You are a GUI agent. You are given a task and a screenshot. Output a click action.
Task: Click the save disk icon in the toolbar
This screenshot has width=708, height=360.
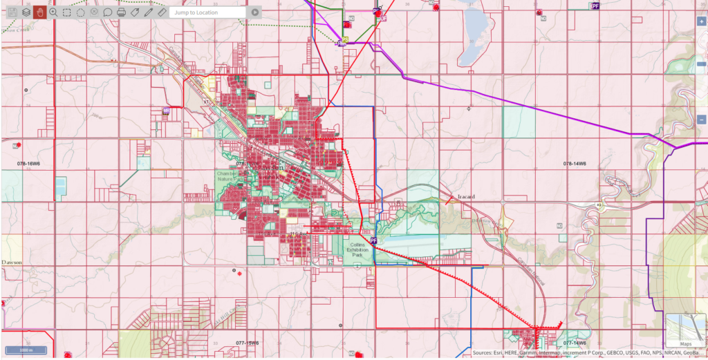(x=12, y=12)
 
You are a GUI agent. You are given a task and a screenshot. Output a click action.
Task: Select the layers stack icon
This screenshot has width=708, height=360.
(x=26, y=12)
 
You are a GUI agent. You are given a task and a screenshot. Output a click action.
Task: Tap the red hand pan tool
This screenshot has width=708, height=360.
(x=39, y=12)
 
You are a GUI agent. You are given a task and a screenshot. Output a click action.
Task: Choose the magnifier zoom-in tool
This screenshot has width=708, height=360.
(x=53, y=12)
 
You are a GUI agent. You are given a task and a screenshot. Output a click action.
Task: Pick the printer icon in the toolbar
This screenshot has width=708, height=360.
(x=121, y=12)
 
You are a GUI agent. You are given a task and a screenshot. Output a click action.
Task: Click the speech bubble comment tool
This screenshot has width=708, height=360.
(x=107, y=12)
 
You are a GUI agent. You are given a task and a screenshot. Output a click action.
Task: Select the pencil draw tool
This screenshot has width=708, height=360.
(x=148, y=12)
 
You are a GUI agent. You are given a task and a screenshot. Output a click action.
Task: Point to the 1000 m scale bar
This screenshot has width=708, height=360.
(x=26, y=350)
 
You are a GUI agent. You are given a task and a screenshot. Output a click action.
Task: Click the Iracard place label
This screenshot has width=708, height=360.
(x=466, y=196)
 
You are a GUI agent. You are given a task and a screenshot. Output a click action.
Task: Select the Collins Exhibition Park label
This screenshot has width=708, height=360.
(x=357, y=249)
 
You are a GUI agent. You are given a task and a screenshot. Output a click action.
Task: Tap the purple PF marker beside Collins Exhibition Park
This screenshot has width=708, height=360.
(x=373, y=240)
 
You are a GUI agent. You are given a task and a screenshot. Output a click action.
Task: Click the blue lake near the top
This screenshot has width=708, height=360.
(x=476, y=24)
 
